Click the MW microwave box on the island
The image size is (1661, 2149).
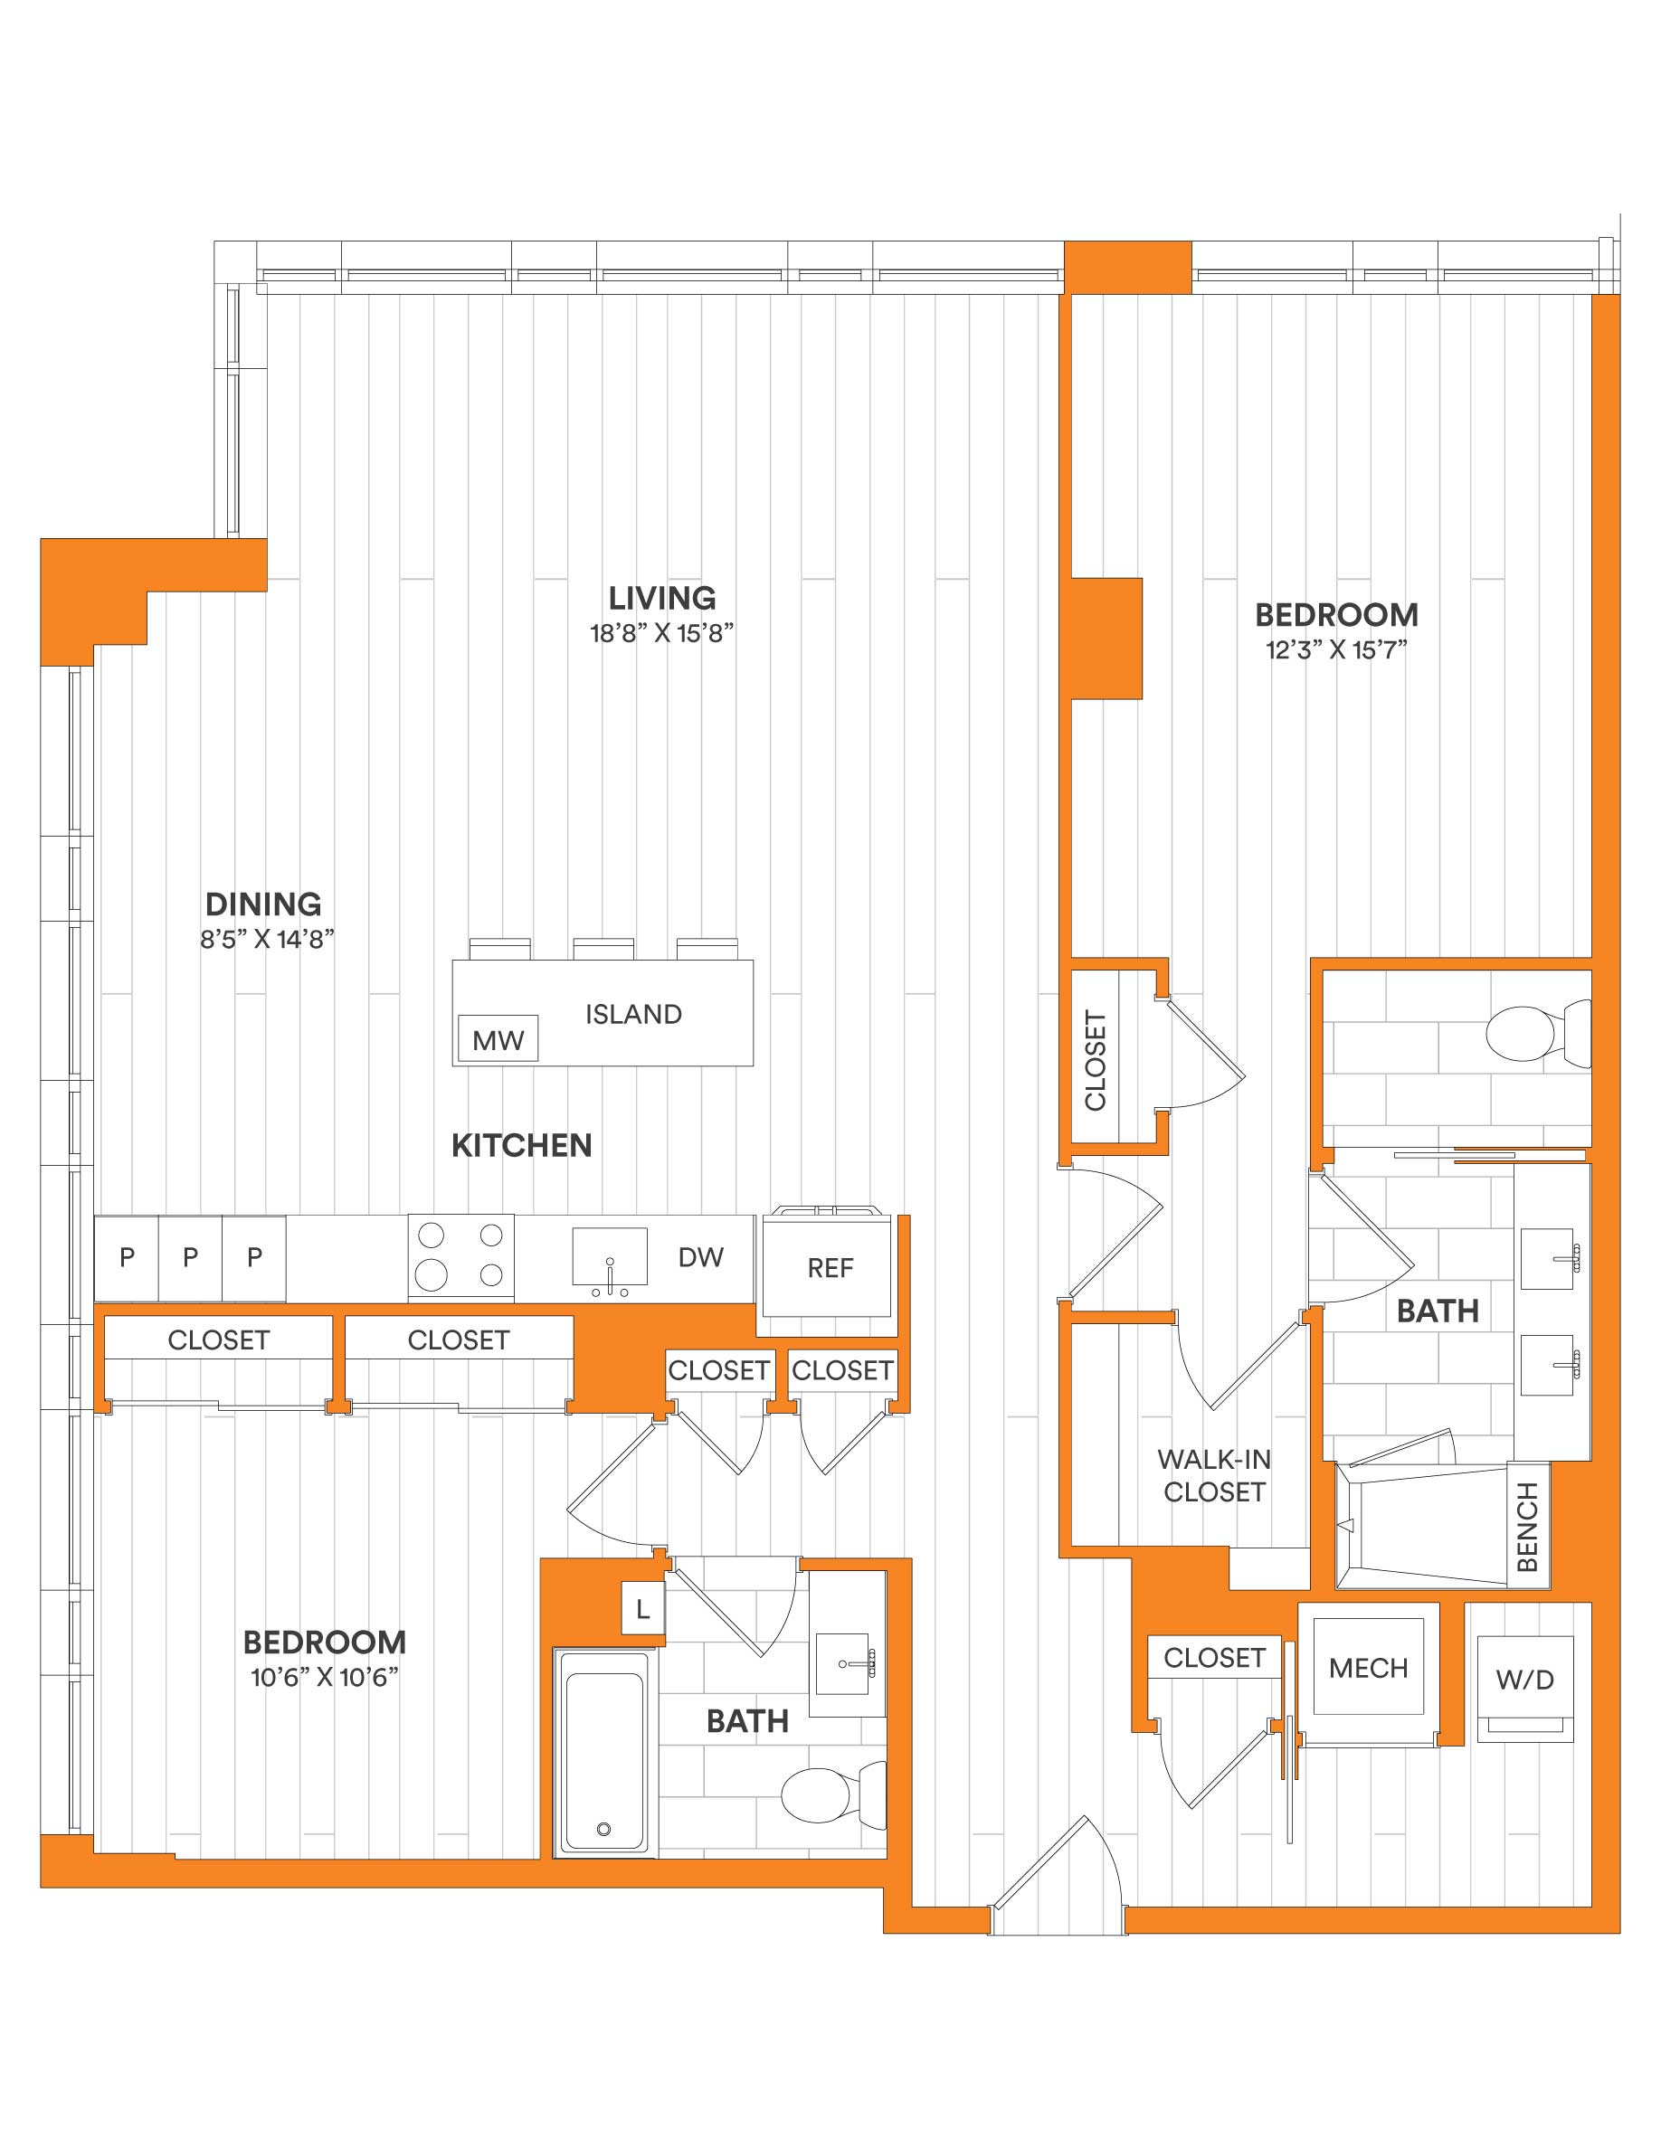pos(498,1038)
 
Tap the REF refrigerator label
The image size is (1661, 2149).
pos(830,1268)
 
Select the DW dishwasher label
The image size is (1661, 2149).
pos(700,1256)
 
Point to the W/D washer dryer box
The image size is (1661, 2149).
pos(1525,1689)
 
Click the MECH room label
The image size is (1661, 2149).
pos(1368,1668)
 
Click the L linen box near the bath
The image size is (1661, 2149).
pos(642,1610)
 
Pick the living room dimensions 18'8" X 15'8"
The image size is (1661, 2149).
pos(662,633)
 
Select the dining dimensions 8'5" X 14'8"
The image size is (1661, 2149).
pos(268,939)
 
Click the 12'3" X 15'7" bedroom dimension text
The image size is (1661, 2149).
pos(1336,649)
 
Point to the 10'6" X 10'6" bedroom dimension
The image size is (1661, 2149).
pos(325,1677)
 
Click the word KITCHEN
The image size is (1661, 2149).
pos(521,1145)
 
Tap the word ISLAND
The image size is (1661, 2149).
pos(633,1015)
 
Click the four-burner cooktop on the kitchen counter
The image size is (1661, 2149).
pos(461,1255)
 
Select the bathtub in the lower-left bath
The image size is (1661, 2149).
pos(604,1755)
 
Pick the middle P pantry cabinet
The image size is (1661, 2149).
pos(191,1258)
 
